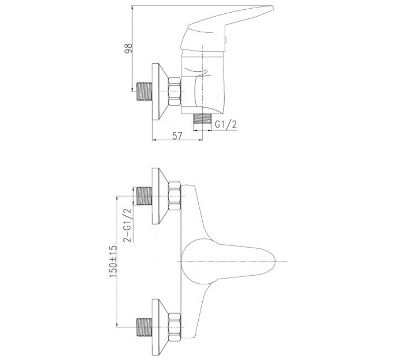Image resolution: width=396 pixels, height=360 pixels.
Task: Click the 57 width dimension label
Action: pos(177,136)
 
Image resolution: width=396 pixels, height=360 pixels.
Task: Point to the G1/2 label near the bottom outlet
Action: pos(226,124)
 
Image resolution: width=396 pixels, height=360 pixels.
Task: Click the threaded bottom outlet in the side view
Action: pos(202,118)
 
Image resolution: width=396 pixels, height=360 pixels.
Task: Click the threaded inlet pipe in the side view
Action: pos(144,91)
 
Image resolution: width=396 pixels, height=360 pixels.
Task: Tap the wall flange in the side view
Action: pos(160,91)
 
